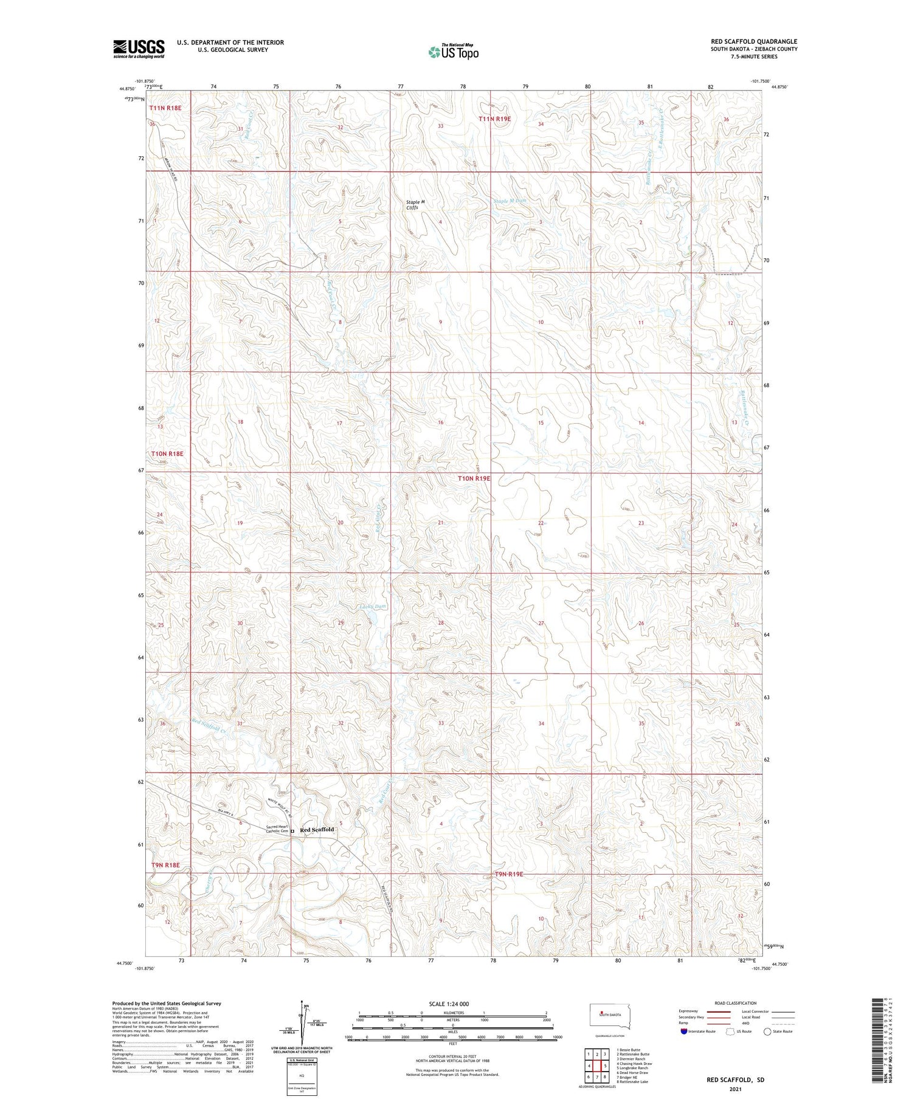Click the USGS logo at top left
[x=139, y=49]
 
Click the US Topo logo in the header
[x=453, y=52]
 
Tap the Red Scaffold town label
[x=317, y=830]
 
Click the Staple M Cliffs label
[x=416, y=205]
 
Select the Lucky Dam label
[x=373, y=607]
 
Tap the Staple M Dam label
[x=509, y=201]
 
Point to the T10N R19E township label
[x=474, y=479]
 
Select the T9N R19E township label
[x=506, y=874]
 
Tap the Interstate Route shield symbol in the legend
[x=684, y=1031]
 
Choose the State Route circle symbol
[x=767, y=1031]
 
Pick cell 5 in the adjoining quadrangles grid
[x=606, y=1066]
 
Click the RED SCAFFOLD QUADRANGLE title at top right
[x=754, y=41]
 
